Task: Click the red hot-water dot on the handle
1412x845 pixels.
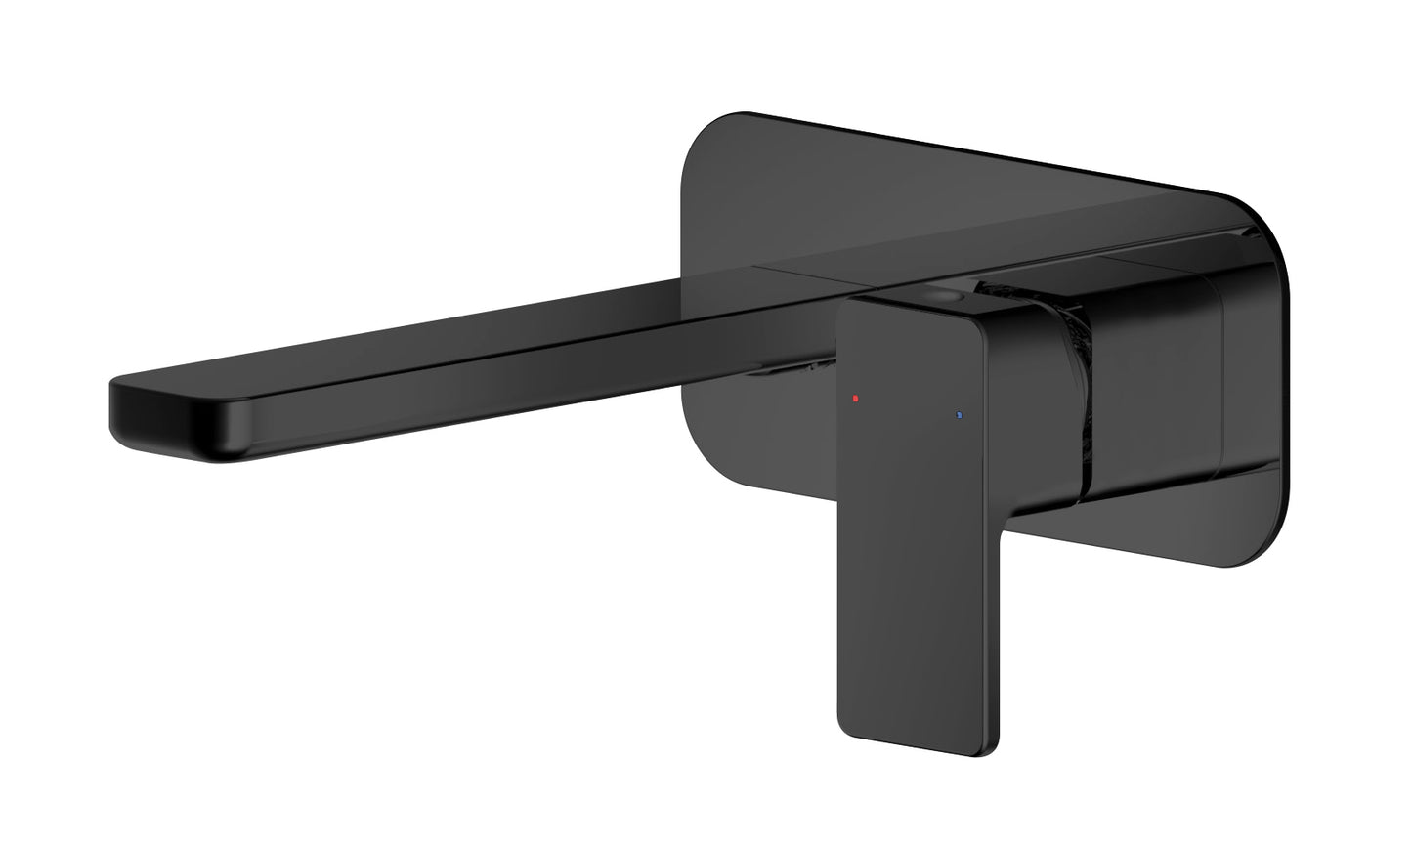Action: (x=856, y=399)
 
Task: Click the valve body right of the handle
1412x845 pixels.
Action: (x=1153, y=391)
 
